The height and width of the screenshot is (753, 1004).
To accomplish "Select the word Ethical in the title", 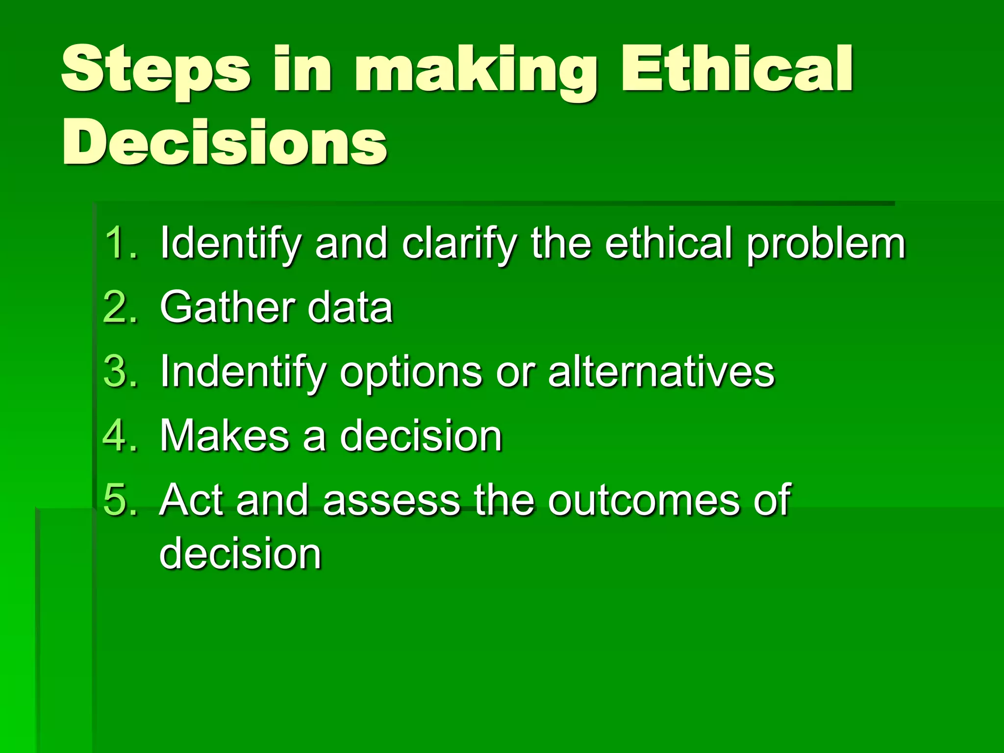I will (x=737, y=69).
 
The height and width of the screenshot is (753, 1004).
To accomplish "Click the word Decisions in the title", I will (x=225, y=143).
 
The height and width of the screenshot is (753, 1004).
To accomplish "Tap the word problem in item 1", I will (x=826, y=244).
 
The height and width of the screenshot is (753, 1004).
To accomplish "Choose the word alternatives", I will (x=661, y=372).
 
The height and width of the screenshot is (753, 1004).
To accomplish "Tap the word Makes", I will (x=225, y=436).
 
